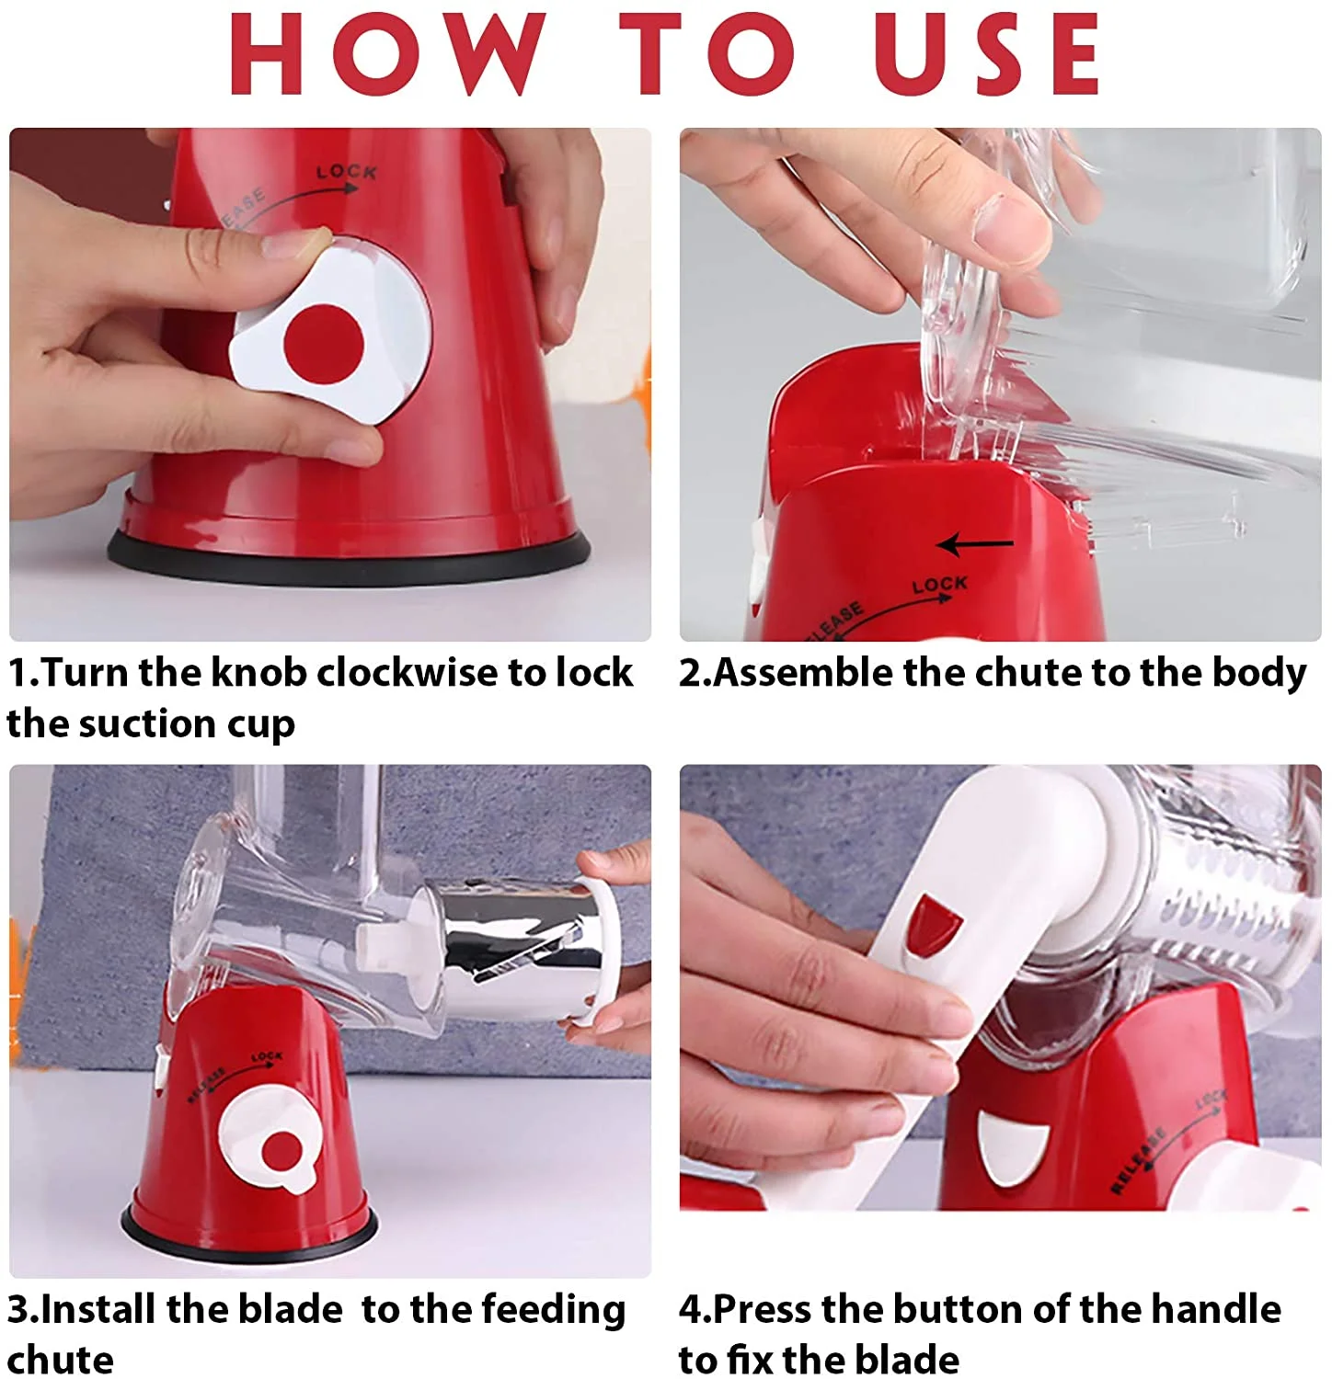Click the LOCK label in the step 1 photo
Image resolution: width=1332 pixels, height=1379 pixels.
[346, 172]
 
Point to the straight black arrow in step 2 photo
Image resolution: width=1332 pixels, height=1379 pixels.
[975, 544]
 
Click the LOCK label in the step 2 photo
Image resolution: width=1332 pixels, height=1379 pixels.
[939, 584]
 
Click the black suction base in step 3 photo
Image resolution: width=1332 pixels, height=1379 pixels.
[248, 1232]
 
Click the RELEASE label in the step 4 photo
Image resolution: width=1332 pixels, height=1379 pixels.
[1138, 1161]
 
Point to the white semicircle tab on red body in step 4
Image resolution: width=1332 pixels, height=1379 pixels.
[1012, 1145]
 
